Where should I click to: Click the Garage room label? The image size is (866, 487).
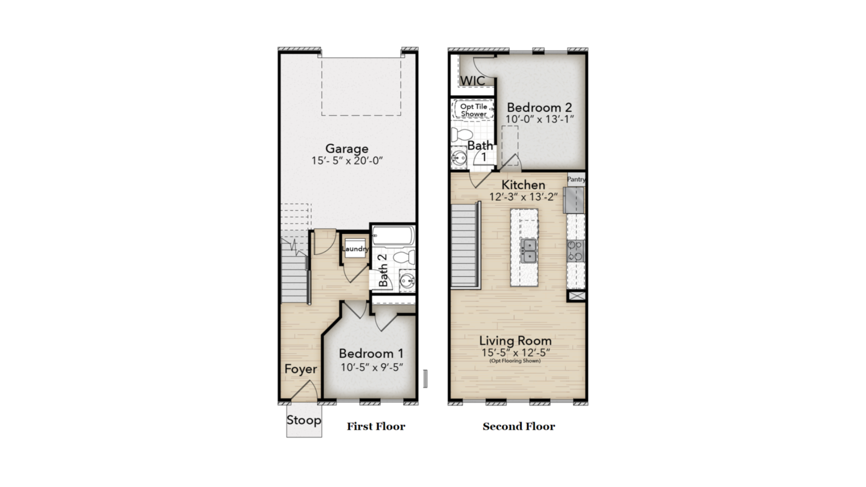(347, 149)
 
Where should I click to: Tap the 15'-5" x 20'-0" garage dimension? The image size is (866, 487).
(347, 161)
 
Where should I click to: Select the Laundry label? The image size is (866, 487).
(355, 249)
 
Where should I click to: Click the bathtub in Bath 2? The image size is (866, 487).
(393, 236)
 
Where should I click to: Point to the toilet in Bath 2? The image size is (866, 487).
(404, 257)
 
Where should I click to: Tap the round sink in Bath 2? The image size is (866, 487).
(407, 281)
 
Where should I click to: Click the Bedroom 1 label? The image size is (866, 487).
(371, 354)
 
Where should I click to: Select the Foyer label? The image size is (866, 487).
(301, 369)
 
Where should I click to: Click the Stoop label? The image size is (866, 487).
(304, 420)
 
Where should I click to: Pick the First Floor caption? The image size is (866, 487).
(376, 427)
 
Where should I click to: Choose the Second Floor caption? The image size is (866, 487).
(519, 427)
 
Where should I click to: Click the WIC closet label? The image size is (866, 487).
(473, 81)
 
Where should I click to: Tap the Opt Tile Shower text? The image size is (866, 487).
(474, 110)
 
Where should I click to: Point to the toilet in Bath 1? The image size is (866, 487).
(461, 134)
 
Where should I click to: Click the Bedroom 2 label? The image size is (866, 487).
(539, 107)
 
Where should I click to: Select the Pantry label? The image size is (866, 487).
(576, 179)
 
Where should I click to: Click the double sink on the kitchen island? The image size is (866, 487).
(528, 251)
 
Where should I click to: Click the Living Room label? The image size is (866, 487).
(516, 340)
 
